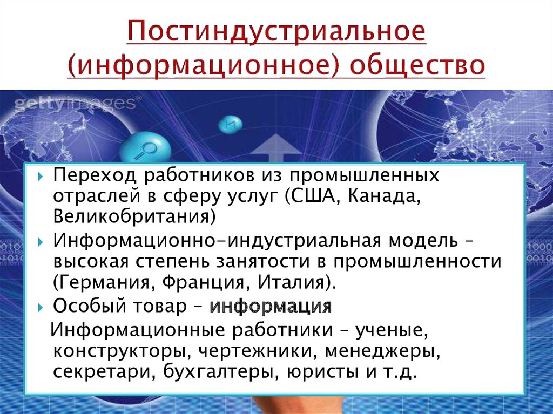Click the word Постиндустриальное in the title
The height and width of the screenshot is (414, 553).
276,32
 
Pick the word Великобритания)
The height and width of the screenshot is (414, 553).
134,216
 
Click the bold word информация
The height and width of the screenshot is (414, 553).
271,306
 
